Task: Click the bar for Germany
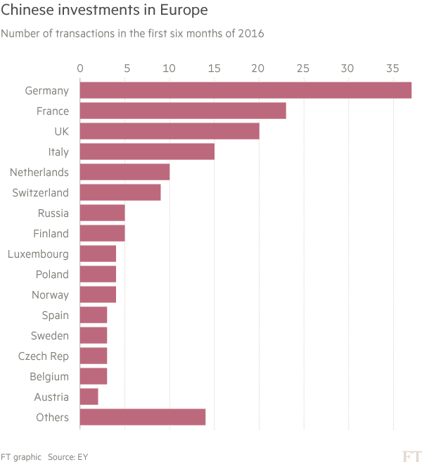(245, 90)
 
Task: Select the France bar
(183, 111)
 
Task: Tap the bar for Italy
(147, 151)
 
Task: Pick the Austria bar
(89, 397)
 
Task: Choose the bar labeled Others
(143, 418)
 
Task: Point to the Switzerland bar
(120, 192)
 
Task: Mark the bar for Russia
(103, 213)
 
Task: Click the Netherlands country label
(39, 173)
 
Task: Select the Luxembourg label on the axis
(38, 254)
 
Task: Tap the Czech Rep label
(44, 356)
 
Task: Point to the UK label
(61, 132)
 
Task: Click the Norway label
(51, 295)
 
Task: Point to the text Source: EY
(68, 456)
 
